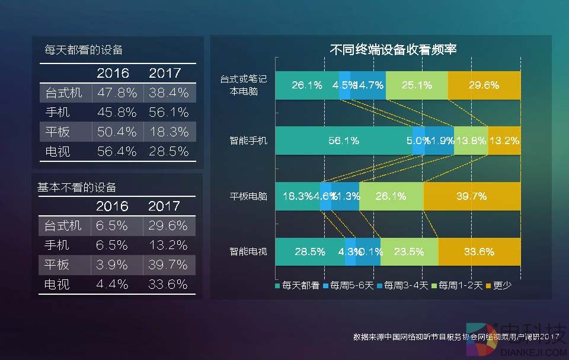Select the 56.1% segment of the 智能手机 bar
tap(344, 141)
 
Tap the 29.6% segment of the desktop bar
tap(484, 85)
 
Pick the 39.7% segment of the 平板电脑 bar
tap(472, 196)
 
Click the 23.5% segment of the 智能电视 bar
tap(409, 251)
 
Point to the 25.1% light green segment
tap(417, 85)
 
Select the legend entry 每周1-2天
tap(457, 286)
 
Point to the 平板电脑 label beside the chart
tap(248, 196)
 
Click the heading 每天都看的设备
tap(84, 50)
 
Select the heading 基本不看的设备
tap(77, 187)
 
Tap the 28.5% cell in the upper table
tap(168, 151)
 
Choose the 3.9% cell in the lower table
tap(112, 265)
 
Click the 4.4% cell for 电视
tap(112, 284)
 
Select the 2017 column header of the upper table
tap(165, 74)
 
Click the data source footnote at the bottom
tap(456, 337)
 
